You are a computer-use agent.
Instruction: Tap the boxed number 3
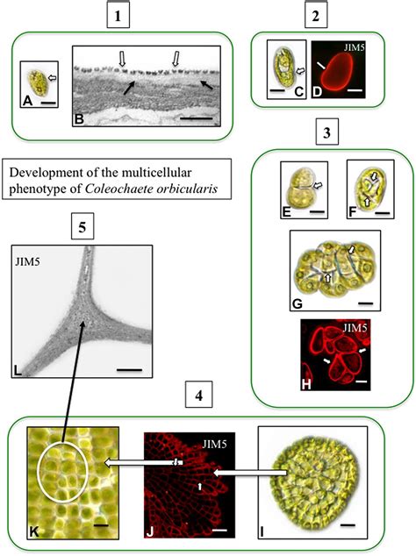pos(326,134)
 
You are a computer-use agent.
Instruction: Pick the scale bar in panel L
pos(128,369)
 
